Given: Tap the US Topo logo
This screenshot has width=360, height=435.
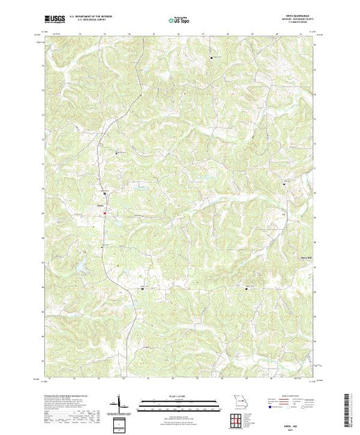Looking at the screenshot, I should pos(180,21).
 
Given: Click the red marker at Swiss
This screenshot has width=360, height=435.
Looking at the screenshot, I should pos(104,213).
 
